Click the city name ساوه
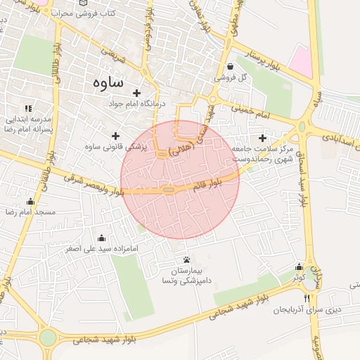pos(108,82)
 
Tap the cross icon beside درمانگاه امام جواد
pos(136,93)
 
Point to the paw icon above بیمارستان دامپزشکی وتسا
pos(186,259)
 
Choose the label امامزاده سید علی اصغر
pos(103,248)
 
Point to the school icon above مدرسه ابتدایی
pos(28,108)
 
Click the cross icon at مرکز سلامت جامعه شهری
pos(263,138)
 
